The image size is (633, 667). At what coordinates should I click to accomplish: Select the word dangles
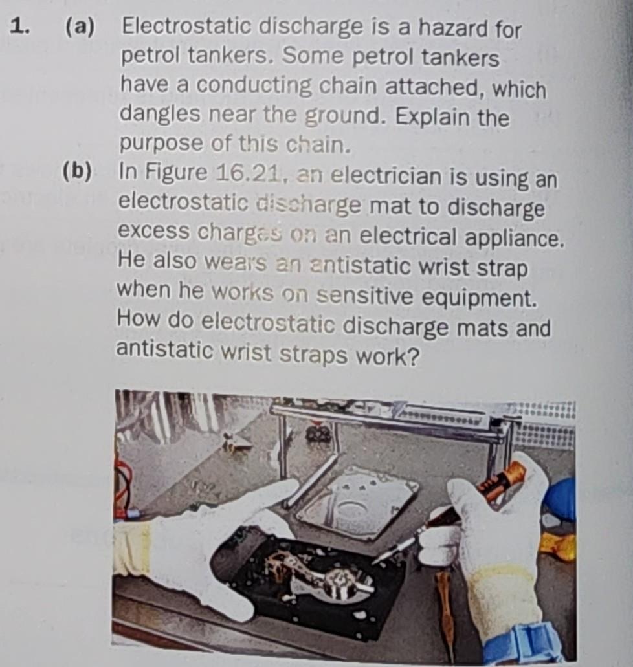pos(155,116)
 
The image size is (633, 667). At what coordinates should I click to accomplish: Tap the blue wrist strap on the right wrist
pos(524,643)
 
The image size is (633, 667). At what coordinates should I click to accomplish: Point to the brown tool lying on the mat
pos(445,608)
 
